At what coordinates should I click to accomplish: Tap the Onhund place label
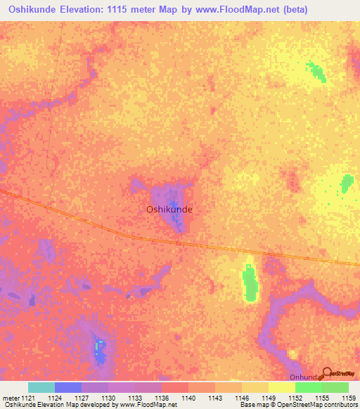coord(304,377)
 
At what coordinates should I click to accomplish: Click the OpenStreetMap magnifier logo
coord(327,373)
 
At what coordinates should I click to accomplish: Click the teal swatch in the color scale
coord(41,387)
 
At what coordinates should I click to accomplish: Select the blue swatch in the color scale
coord(68,387)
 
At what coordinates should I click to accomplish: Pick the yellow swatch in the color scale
coord(281,387)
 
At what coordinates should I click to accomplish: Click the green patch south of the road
coord(250,283)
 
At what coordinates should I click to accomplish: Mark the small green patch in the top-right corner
coord(314,71)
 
